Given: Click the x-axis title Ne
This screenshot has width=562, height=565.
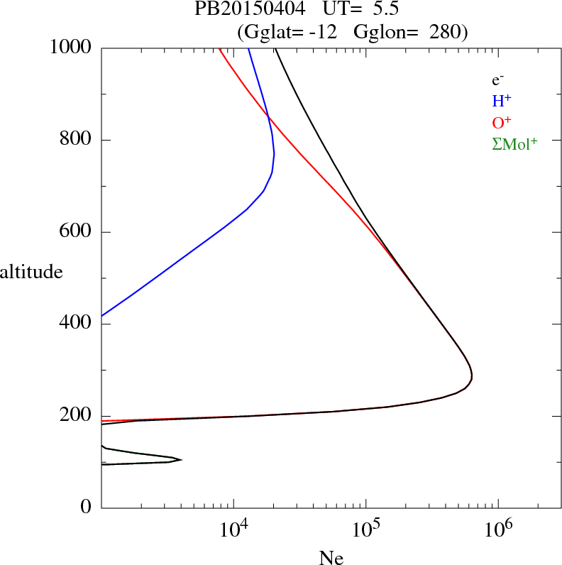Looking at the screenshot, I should (x=331, y=558).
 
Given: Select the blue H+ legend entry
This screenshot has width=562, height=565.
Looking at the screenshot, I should (x=502, y=102).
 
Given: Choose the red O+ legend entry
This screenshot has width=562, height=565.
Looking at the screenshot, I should (x=502, y=123).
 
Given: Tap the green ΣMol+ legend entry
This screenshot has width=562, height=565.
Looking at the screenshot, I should (x=514, y=144).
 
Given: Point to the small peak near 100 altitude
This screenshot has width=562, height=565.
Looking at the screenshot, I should (x=180, y=460).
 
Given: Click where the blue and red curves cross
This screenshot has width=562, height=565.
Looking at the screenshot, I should (x=268, y=115).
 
